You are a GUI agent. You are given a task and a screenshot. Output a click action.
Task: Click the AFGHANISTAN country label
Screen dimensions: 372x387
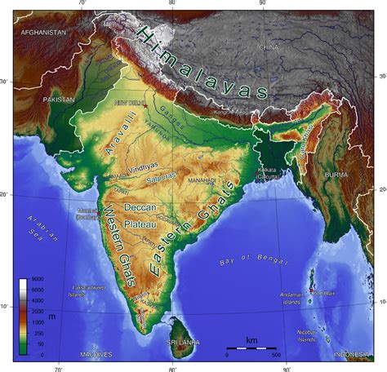(x=42, y=32)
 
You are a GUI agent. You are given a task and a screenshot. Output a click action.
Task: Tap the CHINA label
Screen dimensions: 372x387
(x=268, y=47)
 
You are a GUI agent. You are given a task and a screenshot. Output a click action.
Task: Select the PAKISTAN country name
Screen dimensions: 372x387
(x=58, y=100)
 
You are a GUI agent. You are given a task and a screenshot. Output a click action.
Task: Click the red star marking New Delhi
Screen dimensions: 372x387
(x=146, y=105)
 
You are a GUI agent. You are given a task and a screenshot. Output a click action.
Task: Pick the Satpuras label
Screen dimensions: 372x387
(x=160, y=176)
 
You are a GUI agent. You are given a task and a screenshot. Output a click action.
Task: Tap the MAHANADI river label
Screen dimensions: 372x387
(x=202, y=179)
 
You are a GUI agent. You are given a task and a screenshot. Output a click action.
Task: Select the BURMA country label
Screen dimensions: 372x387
(x=336, y=175)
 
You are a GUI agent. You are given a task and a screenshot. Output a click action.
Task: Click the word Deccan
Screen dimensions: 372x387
(x=140, y=208)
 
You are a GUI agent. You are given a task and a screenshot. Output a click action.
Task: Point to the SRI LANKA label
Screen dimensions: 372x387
(x=183, y=343)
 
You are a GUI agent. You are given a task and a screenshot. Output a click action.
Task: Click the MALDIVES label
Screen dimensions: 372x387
(x=96, y=355)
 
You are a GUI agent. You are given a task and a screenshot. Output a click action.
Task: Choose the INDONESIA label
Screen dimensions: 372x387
(x=352, y=355)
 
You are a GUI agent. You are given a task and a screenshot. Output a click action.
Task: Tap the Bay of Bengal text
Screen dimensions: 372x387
(x=253, y=261)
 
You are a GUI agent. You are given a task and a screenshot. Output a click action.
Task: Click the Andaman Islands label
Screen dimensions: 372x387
(x=291, y=298)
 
